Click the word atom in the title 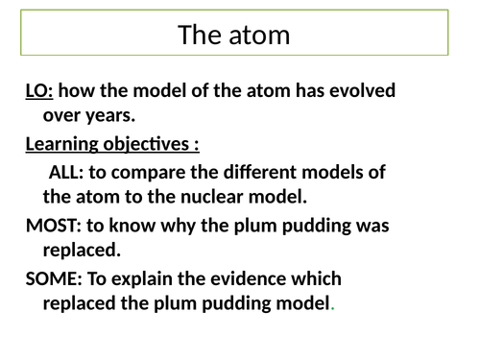click(258, 36)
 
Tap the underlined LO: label click(41, 92)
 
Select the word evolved click(368, 92)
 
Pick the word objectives click(153, 146)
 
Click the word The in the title click(199, 36)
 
